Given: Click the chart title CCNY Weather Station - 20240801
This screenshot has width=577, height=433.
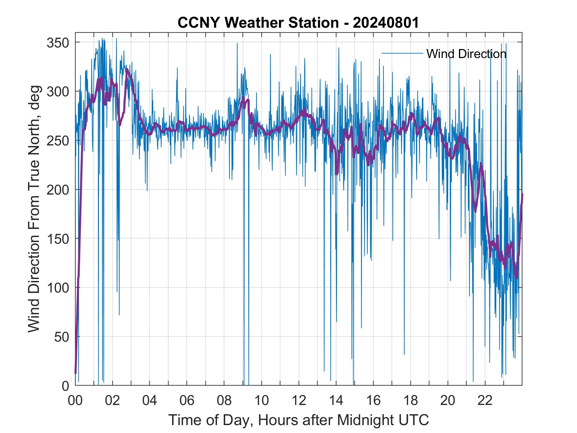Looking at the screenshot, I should (298, 23).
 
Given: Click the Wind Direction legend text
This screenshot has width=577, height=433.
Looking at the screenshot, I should (466, 54).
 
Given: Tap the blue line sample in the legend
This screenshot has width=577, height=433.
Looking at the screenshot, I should (402, 53).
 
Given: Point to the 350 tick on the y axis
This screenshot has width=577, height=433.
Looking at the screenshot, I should (59, 43).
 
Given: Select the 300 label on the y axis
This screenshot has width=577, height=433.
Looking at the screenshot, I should (59, 92).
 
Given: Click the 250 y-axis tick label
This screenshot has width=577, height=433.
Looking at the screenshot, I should (59, 141).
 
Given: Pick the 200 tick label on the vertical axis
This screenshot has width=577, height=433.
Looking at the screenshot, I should (59, 190).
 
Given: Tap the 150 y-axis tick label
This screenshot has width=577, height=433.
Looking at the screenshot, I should (59, 239).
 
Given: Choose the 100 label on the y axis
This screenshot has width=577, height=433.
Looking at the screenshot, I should (59, 288).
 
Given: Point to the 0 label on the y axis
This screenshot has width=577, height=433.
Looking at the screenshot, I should (66, 386).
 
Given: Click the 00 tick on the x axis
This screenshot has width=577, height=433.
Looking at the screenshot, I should (76, 401).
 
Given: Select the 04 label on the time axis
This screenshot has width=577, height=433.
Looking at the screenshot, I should (150, 401).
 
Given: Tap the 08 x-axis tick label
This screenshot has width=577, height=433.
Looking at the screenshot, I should (225, 401).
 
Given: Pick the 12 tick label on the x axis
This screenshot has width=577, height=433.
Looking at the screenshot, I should (299, 401).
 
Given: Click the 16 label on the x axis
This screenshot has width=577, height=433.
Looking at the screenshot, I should (374, 401).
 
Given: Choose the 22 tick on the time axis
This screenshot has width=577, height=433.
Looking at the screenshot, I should (485, 401).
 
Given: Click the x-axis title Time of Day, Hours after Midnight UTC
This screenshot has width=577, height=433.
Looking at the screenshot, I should (299, 420).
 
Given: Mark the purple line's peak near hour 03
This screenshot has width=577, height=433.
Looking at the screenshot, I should (127, 70).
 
